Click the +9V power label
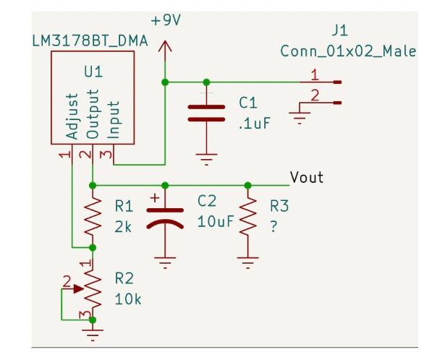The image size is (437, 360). click(166, 20)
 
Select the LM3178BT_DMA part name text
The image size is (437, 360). click(90, 40)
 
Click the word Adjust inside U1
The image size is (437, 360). click(71, 116)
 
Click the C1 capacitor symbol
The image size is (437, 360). click(206, 113)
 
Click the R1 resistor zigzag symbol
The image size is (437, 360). click(92, 215)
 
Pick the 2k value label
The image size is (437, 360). click(123, 226)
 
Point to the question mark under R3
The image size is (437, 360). click(273, 227)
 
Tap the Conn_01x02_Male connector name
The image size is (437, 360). click(347, 52)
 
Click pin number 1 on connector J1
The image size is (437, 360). click(313, 74)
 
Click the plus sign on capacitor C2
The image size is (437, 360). click(153, 197)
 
